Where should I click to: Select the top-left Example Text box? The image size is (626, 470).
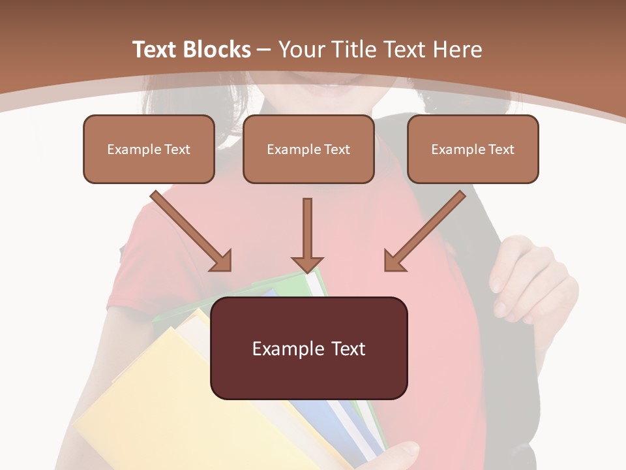(149, 149)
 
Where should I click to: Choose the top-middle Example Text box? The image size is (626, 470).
(308, 149)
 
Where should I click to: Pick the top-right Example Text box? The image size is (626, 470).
(473, 149)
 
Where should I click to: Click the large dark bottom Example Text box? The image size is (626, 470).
(308, 348)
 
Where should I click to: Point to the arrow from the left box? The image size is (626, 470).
(192, 232)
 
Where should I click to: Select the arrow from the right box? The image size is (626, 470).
(424, 232)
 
